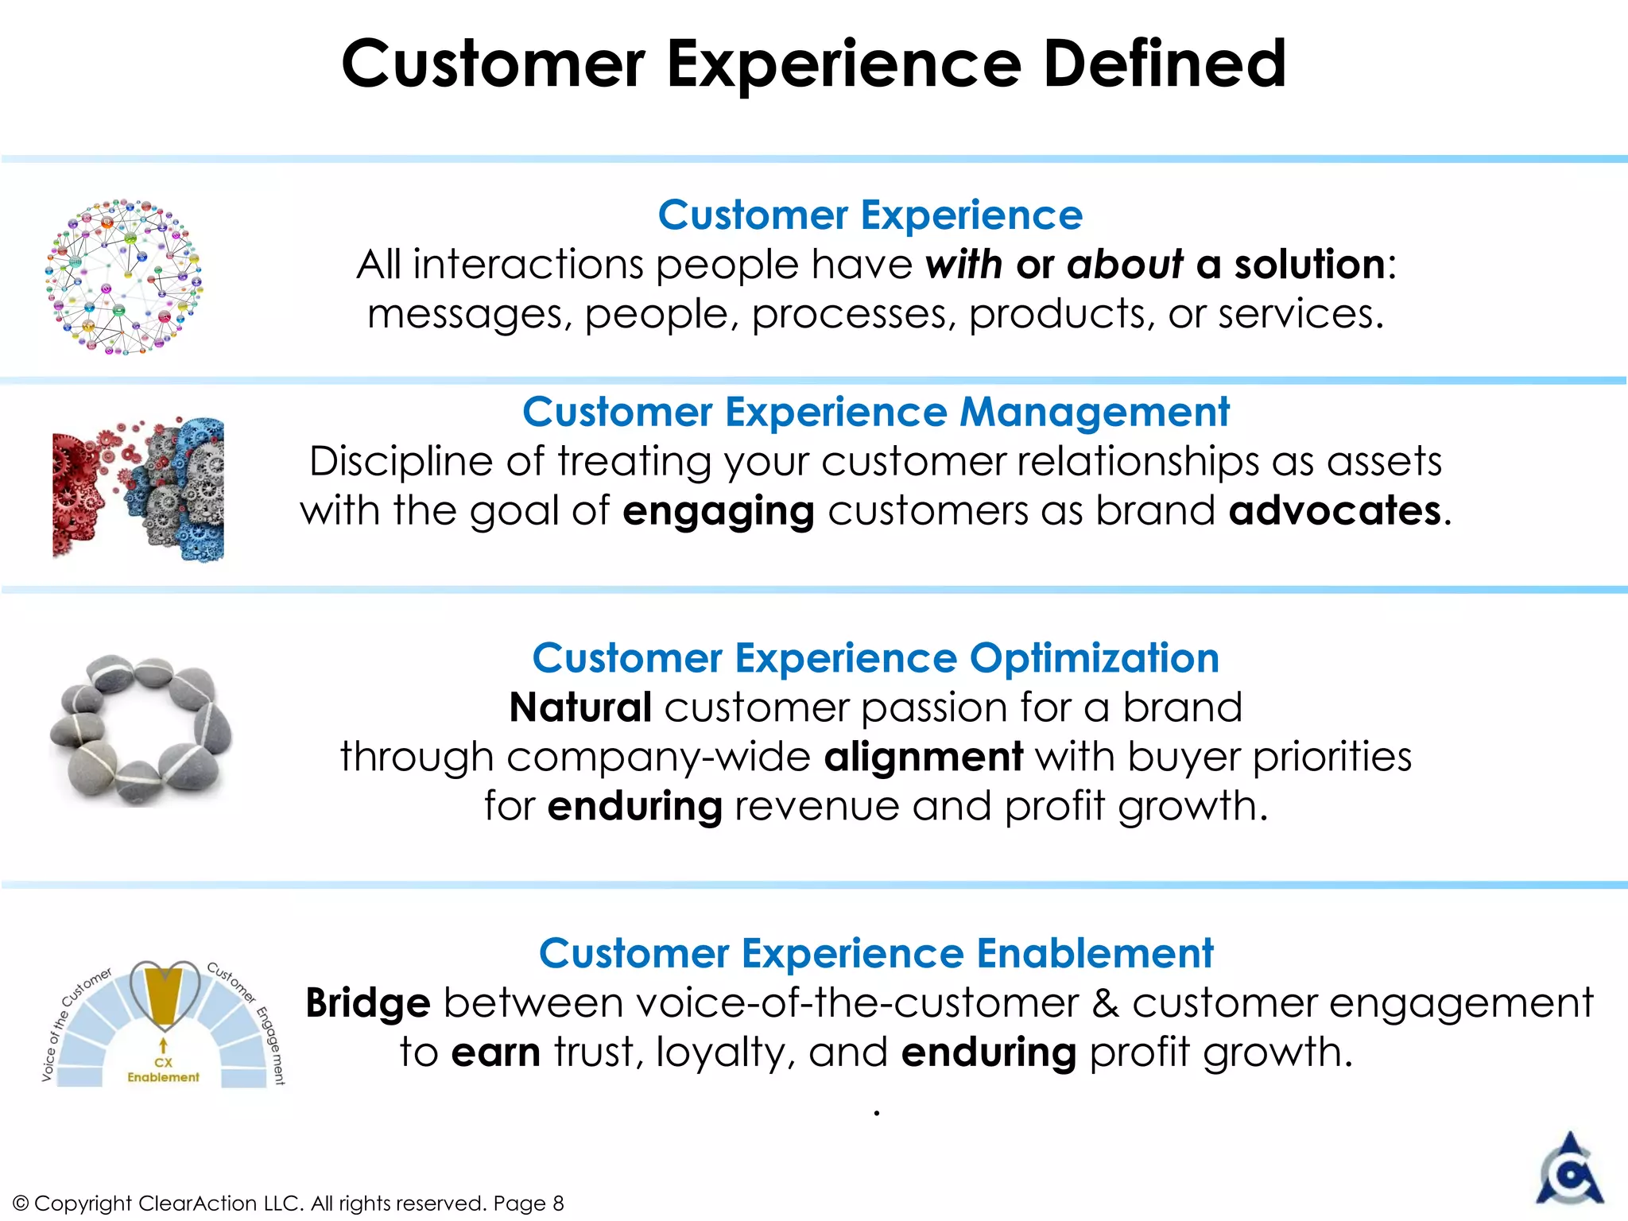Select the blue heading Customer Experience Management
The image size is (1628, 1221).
point(875,412)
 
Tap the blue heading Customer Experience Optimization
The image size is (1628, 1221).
point(875,657)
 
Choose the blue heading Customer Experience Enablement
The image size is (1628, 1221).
point(875,952)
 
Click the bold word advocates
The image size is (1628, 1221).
point(1335,510)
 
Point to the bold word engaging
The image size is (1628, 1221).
point(718,512)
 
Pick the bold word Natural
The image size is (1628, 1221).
point(580,707)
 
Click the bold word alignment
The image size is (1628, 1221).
point(923,756)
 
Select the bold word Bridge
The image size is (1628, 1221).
point(367,1003)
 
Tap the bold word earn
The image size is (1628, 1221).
point(496,1052)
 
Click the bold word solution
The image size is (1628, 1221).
point(1308,264)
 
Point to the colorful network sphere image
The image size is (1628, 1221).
point(124,276)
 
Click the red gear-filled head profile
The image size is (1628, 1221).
point(79,493)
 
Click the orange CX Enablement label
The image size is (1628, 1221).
point(163,1070)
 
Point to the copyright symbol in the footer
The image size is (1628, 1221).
point(21,1204)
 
